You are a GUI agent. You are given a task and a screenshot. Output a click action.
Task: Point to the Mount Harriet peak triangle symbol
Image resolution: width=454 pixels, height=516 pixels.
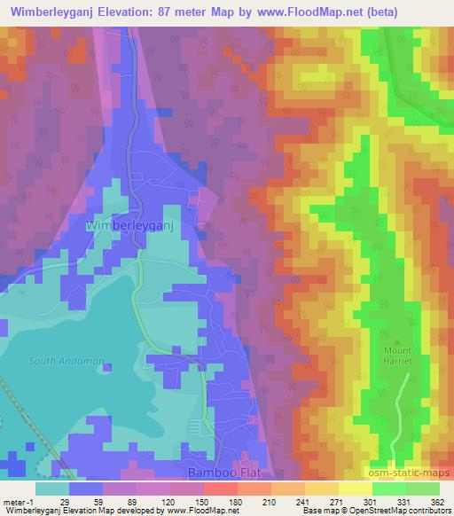point(397,341)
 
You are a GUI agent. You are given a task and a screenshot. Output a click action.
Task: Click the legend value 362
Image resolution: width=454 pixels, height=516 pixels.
point(437,502)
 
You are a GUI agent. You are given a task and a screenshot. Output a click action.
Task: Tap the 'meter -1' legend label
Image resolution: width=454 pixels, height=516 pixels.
point(17,502)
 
